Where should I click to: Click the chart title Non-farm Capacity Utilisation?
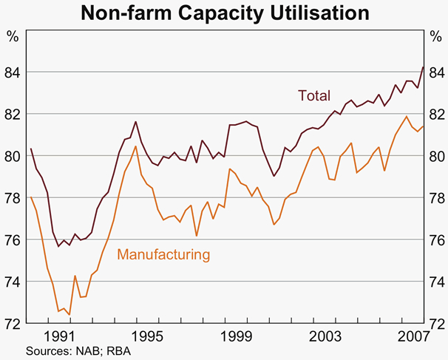(224, 13)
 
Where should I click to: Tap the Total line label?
(313, 95)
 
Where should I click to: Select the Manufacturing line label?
(164, 254)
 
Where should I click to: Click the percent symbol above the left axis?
(13, 35)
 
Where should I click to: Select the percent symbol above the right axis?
(435, 35)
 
